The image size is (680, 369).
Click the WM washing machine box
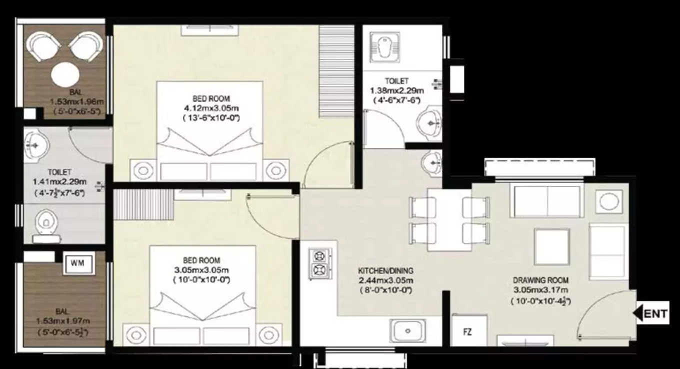coord(79,263)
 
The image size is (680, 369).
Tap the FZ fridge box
coord(468,331)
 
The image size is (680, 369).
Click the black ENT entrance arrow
coord(638,313)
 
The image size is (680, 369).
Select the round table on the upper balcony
coord(65,74)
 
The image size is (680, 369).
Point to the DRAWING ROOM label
coord(540,280)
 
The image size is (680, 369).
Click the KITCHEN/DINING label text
coord(385,270)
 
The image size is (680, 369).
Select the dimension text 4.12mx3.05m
coord(211,108)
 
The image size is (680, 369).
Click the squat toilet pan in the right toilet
coord(385,47)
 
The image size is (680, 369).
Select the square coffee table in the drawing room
coord(551,246)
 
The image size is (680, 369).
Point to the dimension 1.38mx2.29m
coord(397,90)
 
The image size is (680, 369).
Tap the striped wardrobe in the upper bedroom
coord(336,71)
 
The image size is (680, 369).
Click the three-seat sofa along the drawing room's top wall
coord(547,200)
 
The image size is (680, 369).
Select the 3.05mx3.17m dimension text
coord(540,290)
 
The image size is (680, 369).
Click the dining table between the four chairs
coord(449,219)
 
